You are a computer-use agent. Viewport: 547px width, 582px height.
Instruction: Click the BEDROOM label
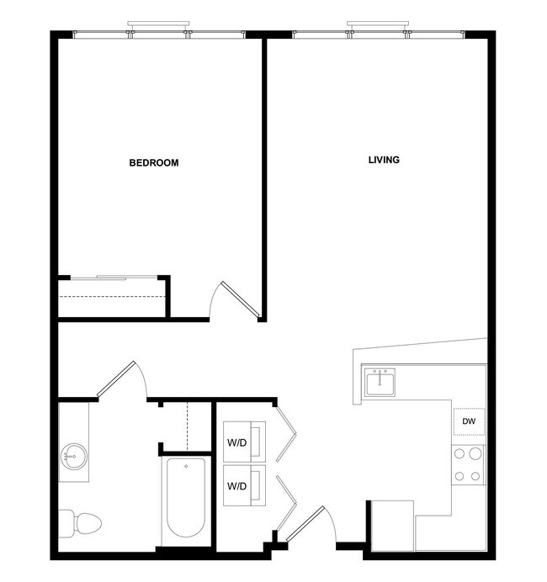(x=153, y=162)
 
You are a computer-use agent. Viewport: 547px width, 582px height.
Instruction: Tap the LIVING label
(x=384, y=160)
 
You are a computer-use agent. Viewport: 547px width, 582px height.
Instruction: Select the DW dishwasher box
(x=469, y=421)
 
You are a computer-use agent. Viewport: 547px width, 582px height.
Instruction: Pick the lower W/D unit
(x=244, y=485)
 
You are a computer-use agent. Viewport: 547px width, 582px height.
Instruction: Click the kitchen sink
(x=381, y=383)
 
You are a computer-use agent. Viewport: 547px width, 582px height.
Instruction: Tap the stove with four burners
(x=468, y=465)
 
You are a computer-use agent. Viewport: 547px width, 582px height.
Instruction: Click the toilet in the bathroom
(x=80, y=522)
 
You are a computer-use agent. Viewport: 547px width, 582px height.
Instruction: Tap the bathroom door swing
(x=125, y=380)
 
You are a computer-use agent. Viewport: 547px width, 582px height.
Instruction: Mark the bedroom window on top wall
(x=160, y=34)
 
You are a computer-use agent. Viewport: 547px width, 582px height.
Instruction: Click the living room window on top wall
(x=379, y=34)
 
